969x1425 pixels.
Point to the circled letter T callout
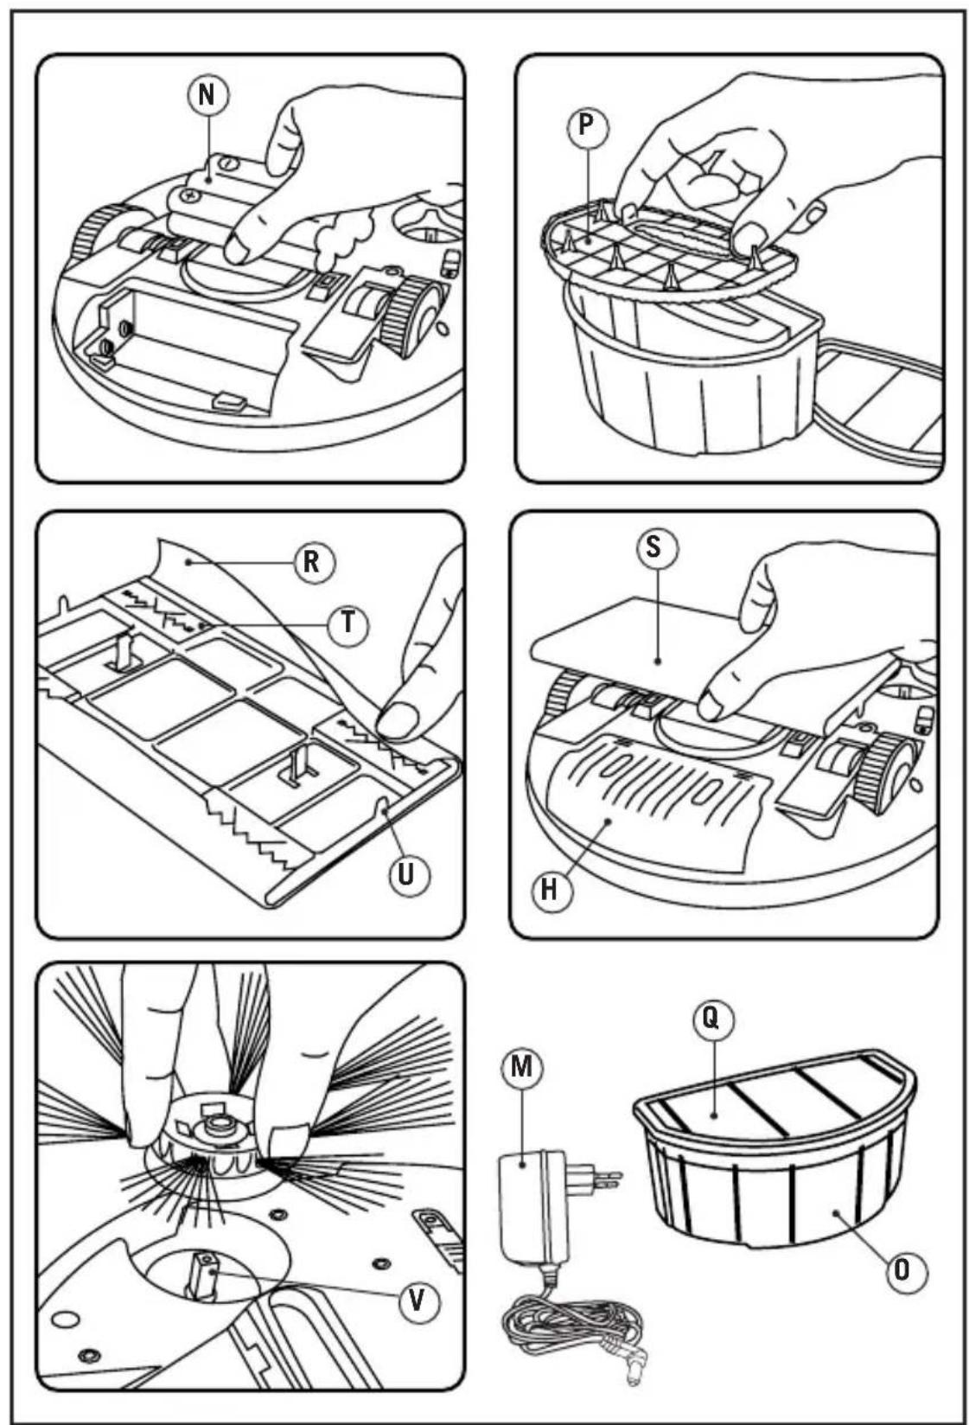(348, 623)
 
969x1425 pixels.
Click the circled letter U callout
(408, 875)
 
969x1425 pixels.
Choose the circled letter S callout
(654, 547)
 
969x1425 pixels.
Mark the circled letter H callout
(550, 890)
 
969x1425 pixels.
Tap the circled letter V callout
(418, 1300)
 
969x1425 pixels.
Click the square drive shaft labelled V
(201, 1274)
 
